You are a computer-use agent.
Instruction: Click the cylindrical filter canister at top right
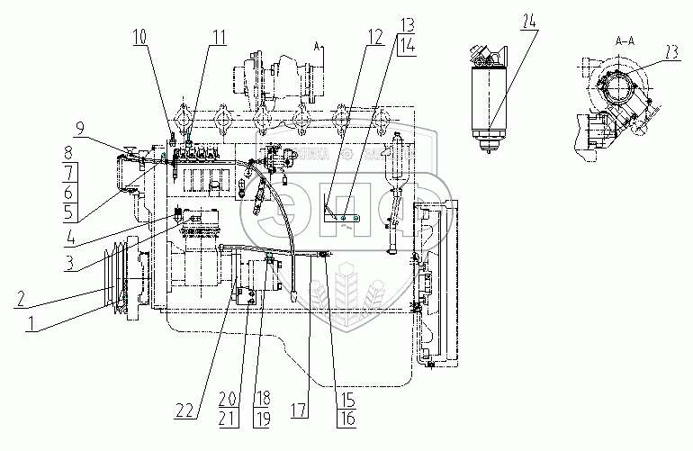[x=492, y=99]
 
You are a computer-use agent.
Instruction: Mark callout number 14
[x=384, y=50]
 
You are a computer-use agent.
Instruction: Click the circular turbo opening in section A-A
[x=619, y=91]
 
